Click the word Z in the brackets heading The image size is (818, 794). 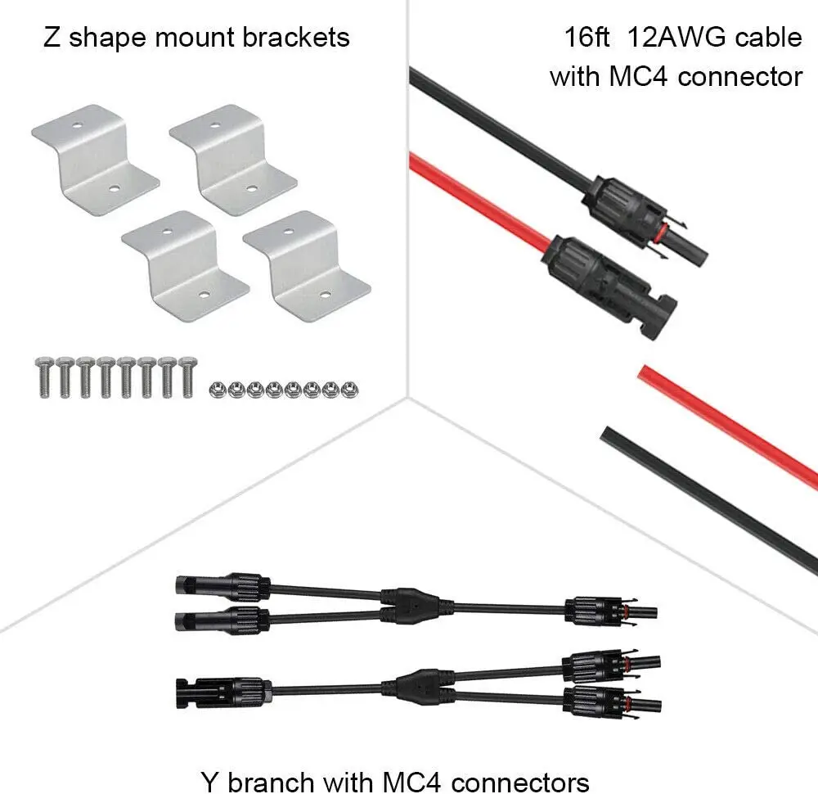tap(52, 37)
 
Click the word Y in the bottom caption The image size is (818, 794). tap(210, 780)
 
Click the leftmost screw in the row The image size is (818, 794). tap(44, 377)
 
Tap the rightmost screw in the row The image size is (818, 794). tap(187, 377)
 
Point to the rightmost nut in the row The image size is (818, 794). tap(348, 388)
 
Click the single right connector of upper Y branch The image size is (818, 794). tap(609, 611)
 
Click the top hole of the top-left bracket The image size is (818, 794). tap(74, 127)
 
